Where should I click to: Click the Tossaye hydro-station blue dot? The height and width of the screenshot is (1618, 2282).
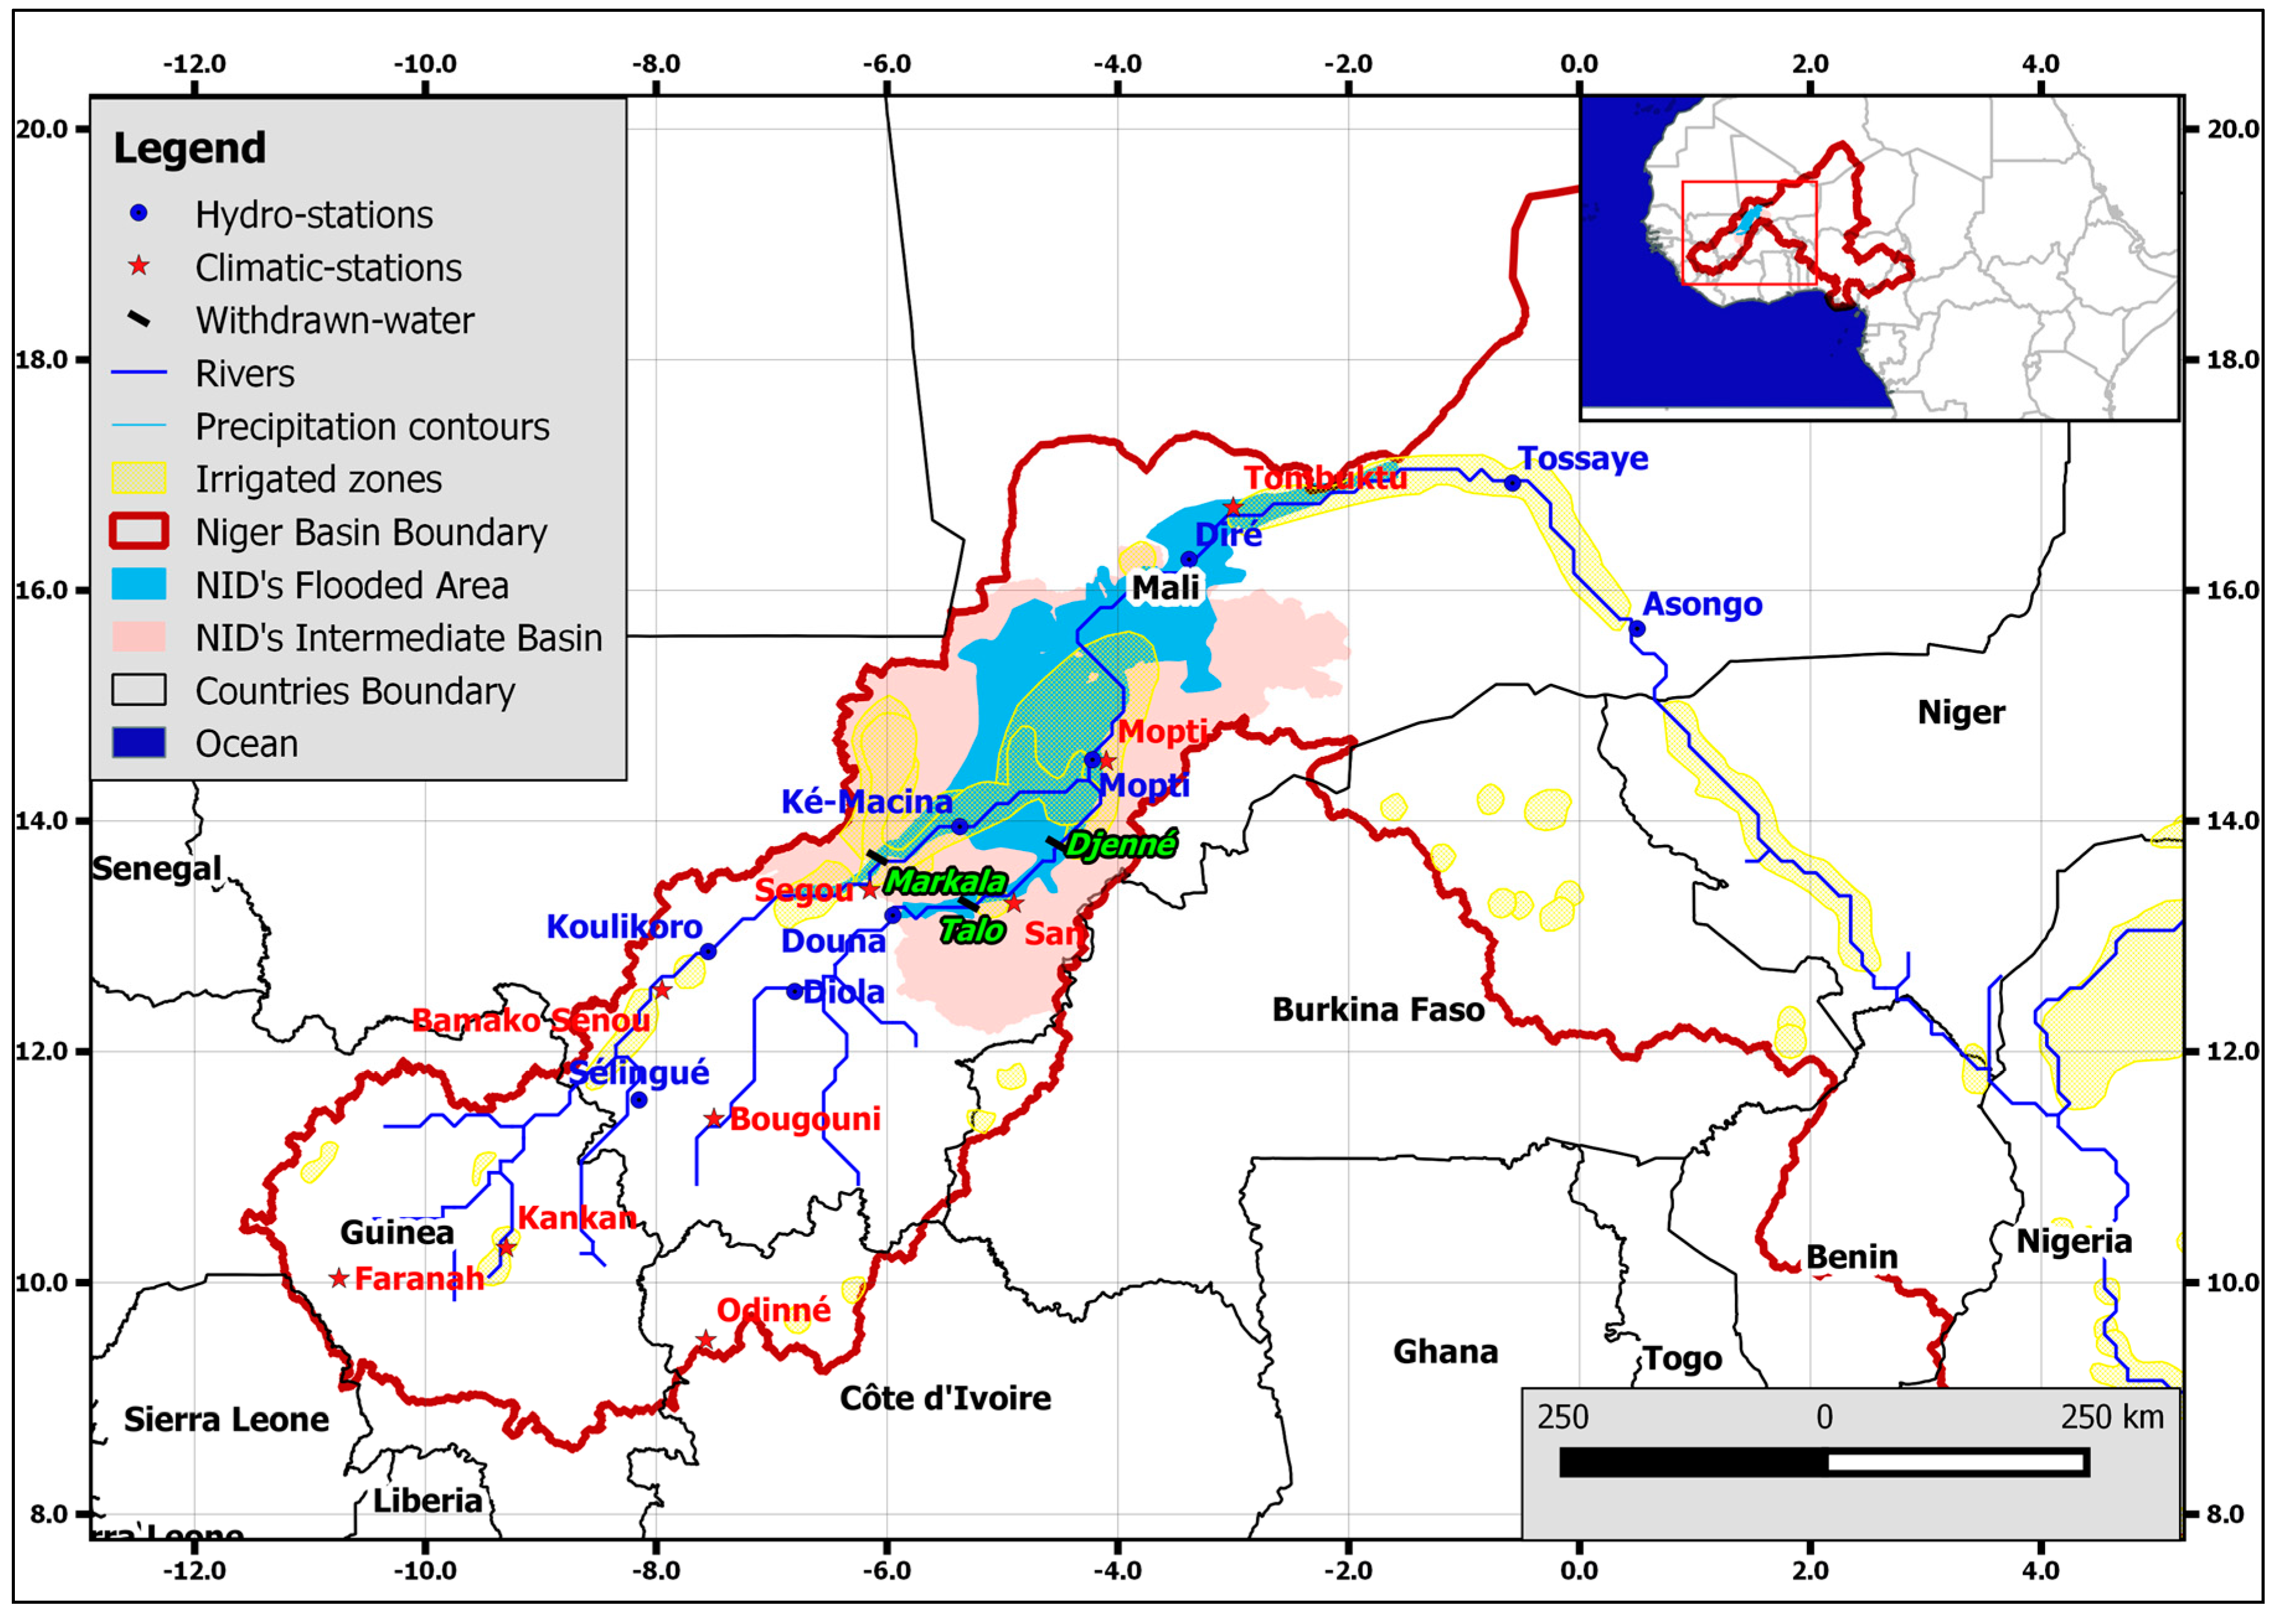click(1512, 483)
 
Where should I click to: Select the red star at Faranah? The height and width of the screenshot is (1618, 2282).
click(339, 1278)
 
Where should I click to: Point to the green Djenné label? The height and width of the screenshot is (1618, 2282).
click(1121, 845)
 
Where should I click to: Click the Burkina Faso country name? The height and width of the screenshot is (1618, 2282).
click(1377, 1010)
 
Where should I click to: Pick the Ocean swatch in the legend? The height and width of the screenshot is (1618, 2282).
click(138, 743)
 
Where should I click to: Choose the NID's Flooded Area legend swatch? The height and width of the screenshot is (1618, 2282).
click(138, 585)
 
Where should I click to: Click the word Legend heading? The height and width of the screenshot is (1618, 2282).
click(189, 148)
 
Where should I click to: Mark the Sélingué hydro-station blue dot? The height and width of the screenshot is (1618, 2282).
click(639, 1100)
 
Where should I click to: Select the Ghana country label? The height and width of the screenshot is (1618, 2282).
click(1444, 1352)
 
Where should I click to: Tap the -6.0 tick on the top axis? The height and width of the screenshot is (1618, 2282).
click(886, 64)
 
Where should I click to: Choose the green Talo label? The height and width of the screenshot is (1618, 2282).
click(972, 931)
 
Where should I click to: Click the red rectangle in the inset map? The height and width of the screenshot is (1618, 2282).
click(1749, 232)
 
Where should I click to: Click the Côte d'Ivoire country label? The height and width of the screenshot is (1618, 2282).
click(944, 1398)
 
